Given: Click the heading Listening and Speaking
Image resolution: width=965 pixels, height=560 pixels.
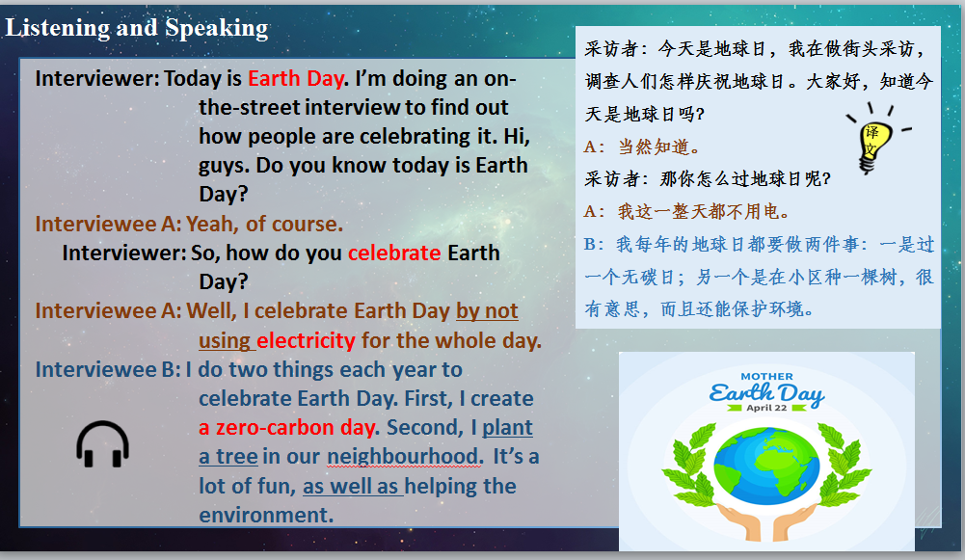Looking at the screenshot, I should (137, 28).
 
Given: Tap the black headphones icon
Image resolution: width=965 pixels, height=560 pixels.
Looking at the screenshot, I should (102, 444).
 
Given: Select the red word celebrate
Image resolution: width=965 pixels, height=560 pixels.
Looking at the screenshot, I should (393, 253).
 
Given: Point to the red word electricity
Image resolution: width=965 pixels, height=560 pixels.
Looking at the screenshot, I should (306, 340).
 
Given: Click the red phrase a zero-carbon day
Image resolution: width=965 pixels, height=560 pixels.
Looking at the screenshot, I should (289, 427).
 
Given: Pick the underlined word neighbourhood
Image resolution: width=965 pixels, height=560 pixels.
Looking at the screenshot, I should (403, 456).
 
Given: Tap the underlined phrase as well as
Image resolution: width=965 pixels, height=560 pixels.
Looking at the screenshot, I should (351, 486).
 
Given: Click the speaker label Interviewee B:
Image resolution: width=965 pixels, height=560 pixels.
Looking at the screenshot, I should (107, 369).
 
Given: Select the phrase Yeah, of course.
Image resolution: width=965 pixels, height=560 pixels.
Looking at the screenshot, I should (263, 225).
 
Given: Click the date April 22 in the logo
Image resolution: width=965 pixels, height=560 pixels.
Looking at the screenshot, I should (768, 408).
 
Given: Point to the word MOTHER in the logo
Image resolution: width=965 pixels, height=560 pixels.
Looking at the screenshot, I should (767, 377).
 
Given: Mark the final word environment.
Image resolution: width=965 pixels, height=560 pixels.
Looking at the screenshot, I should (265, 515).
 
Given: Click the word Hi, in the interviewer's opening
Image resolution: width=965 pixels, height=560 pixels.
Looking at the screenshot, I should (515, 136).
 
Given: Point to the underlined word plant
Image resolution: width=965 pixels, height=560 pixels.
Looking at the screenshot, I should (507, 427).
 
